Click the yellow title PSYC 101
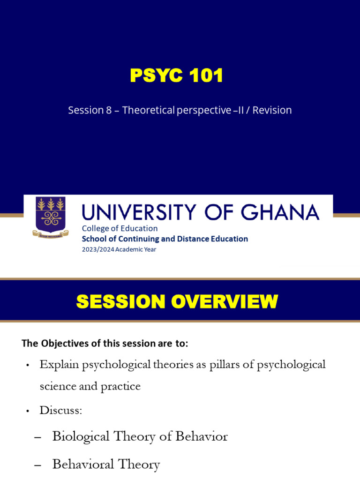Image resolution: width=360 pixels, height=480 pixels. tap(176, 76)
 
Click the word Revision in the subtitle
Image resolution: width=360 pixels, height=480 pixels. tap(273, 110)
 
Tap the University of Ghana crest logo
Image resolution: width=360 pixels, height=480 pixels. tap(51, 216)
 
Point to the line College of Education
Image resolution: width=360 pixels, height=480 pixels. tap(120, 228)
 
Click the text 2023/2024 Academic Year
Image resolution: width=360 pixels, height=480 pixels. tap(119, 249)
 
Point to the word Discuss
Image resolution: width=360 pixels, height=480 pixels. tap(60, 411)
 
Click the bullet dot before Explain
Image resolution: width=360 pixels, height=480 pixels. tap(28, 365)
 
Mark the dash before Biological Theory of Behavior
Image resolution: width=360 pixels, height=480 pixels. tap(38, 437)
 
